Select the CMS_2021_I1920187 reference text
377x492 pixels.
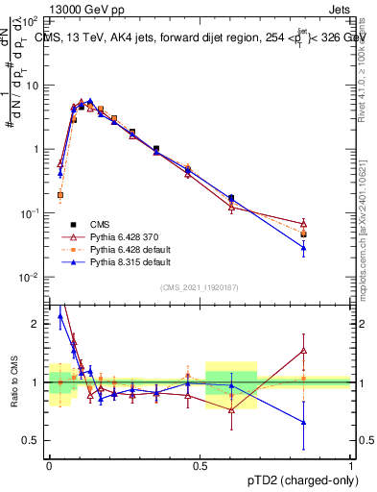click(200, 287)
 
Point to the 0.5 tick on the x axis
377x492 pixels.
click(200, 463)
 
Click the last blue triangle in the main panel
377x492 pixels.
click(303, 248)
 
